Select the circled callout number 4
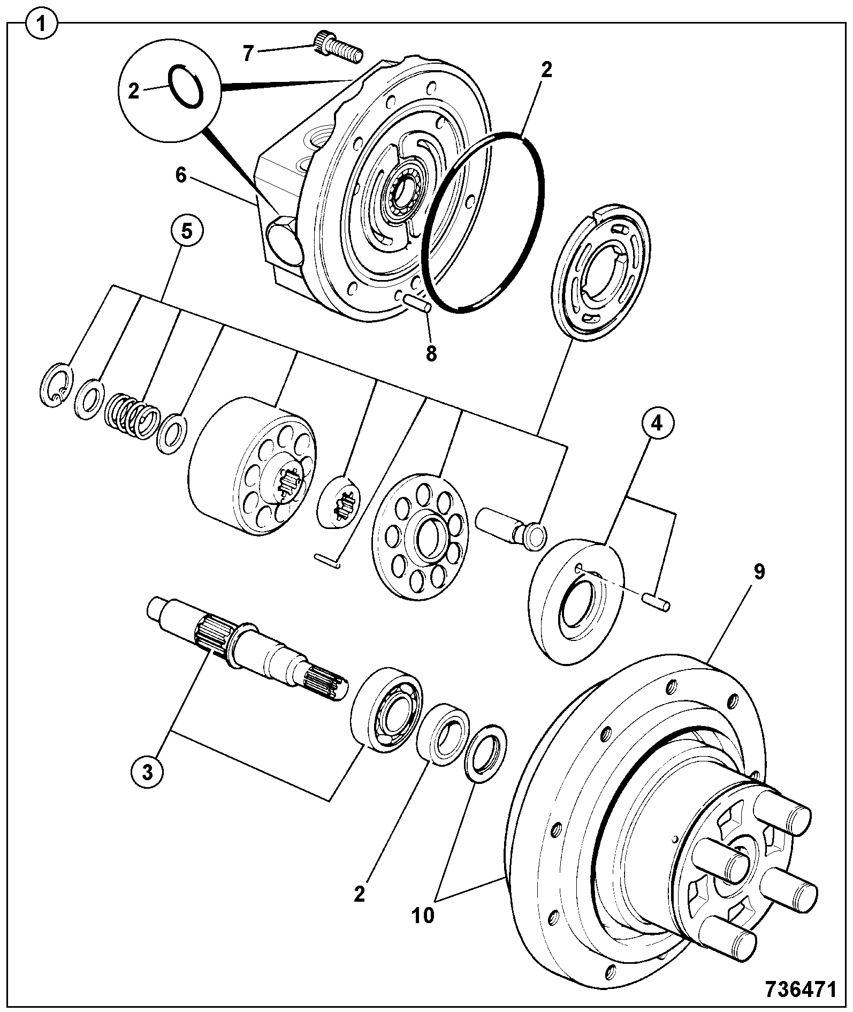pos(656,423)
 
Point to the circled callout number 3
pos(148,771)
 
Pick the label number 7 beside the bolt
pos(248,54)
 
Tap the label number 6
pos(181,175)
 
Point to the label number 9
pos(759,572)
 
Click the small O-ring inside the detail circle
pos(186,87)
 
